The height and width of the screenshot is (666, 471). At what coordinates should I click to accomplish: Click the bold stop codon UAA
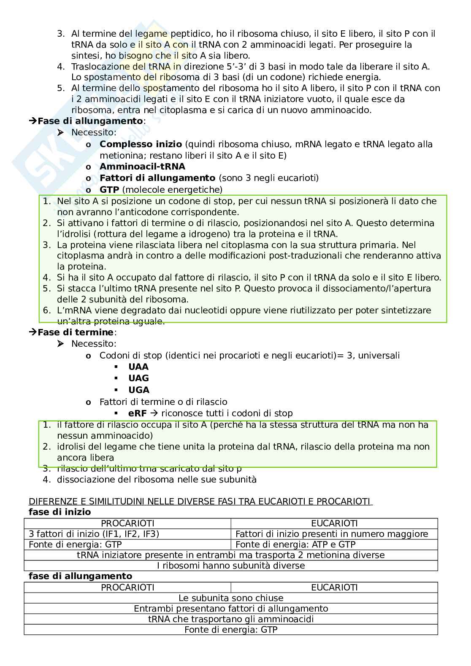[138, 367]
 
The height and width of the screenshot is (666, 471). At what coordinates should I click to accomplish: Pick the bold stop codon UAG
[138, 378]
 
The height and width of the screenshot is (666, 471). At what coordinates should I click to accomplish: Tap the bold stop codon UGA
[138, 390]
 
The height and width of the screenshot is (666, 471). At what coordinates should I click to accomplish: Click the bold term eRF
[137, 413]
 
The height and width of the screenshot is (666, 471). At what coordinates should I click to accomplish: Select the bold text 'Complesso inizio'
[141, 144]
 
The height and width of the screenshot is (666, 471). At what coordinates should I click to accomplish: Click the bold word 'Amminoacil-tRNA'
[142, 167]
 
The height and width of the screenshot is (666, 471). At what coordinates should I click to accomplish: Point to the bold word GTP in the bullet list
[109, 190]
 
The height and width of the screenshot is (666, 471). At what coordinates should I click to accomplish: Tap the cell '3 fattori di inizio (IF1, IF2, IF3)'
[94, 534]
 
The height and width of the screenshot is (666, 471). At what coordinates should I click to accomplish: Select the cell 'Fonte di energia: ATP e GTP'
[295, 545]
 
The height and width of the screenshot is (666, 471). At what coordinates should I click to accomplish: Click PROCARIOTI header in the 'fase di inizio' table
[127, 523]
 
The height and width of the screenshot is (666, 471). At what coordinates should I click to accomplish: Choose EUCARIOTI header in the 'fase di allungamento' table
[334, 588]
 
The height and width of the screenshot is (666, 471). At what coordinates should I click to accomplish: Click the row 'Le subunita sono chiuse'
[231, 598]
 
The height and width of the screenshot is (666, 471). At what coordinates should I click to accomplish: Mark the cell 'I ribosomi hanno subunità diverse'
[231, 566]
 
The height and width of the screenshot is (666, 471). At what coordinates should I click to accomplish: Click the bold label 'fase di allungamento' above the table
[80, 576]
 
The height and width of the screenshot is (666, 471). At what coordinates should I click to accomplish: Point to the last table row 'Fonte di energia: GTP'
[231, 630]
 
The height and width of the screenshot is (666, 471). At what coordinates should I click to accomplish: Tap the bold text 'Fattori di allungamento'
[157, 178]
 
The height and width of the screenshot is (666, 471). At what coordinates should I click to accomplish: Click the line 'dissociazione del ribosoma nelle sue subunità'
[157, 480]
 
